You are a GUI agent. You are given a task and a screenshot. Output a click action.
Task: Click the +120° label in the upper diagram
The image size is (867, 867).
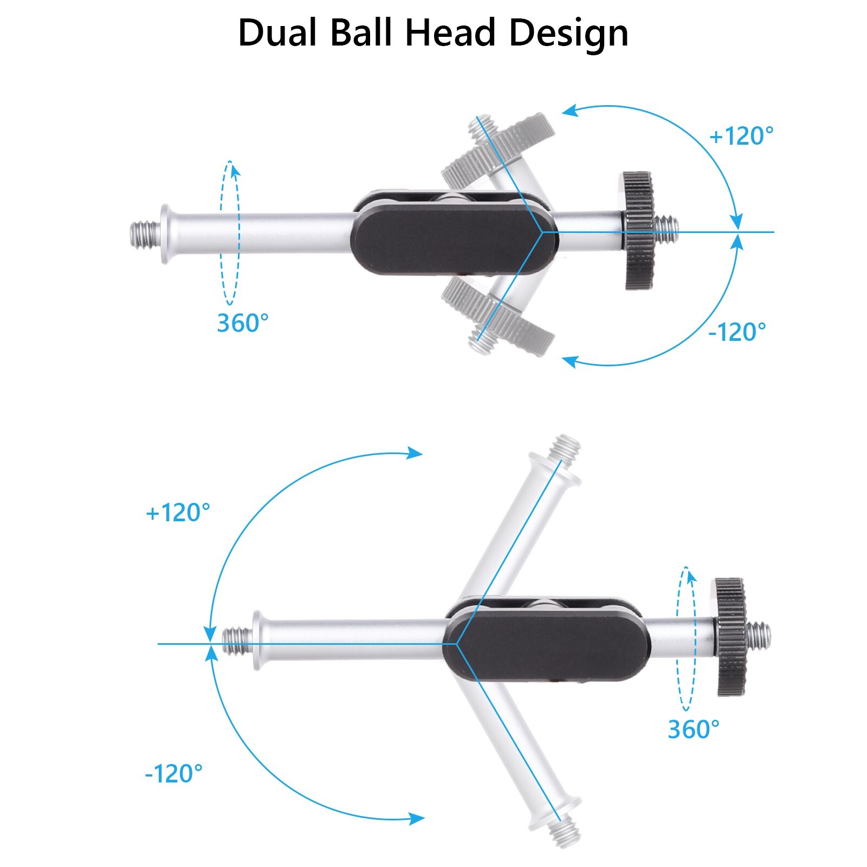click(741, 136)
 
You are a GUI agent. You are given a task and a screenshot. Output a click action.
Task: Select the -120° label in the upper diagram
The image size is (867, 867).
click(737, 332)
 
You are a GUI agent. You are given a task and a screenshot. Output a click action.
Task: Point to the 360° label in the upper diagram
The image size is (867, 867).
click(243, 323)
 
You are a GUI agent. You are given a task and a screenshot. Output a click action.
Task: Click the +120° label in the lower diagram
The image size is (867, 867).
click(178, 513)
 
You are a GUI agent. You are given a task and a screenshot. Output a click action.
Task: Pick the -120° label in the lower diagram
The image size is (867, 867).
click(173, 773)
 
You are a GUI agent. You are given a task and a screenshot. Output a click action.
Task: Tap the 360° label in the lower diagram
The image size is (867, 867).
click(694, 729)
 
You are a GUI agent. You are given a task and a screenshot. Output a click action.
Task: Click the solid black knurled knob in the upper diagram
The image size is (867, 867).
click(638, 231)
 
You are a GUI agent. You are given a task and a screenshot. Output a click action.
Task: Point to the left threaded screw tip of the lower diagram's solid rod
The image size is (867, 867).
click(237, 641)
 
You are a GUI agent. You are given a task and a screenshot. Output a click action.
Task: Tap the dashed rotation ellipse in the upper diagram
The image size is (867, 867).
click(229, 233)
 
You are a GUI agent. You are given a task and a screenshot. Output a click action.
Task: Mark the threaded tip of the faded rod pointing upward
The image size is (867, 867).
click(565, 448)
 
